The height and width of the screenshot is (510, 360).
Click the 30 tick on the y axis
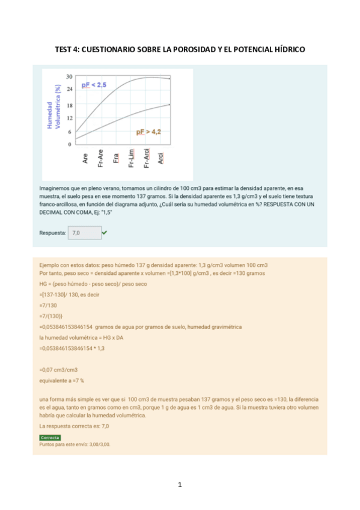[69, 76]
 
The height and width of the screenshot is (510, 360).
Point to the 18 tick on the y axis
[69, 105]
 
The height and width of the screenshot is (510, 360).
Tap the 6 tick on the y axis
[70, 132]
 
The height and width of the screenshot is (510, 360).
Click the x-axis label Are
[85, 159]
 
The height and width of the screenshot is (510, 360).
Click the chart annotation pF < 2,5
[94, 86]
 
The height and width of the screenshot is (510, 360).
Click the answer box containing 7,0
[84, 232]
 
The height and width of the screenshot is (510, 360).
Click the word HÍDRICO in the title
[287, 49]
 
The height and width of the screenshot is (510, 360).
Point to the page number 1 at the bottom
[180, 485]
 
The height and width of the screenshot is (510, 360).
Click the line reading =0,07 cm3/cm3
[58, 370]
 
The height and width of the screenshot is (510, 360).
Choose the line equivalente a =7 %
[61, 381]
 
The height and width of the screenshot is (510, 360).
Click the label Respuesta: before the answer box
[52, 232]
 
